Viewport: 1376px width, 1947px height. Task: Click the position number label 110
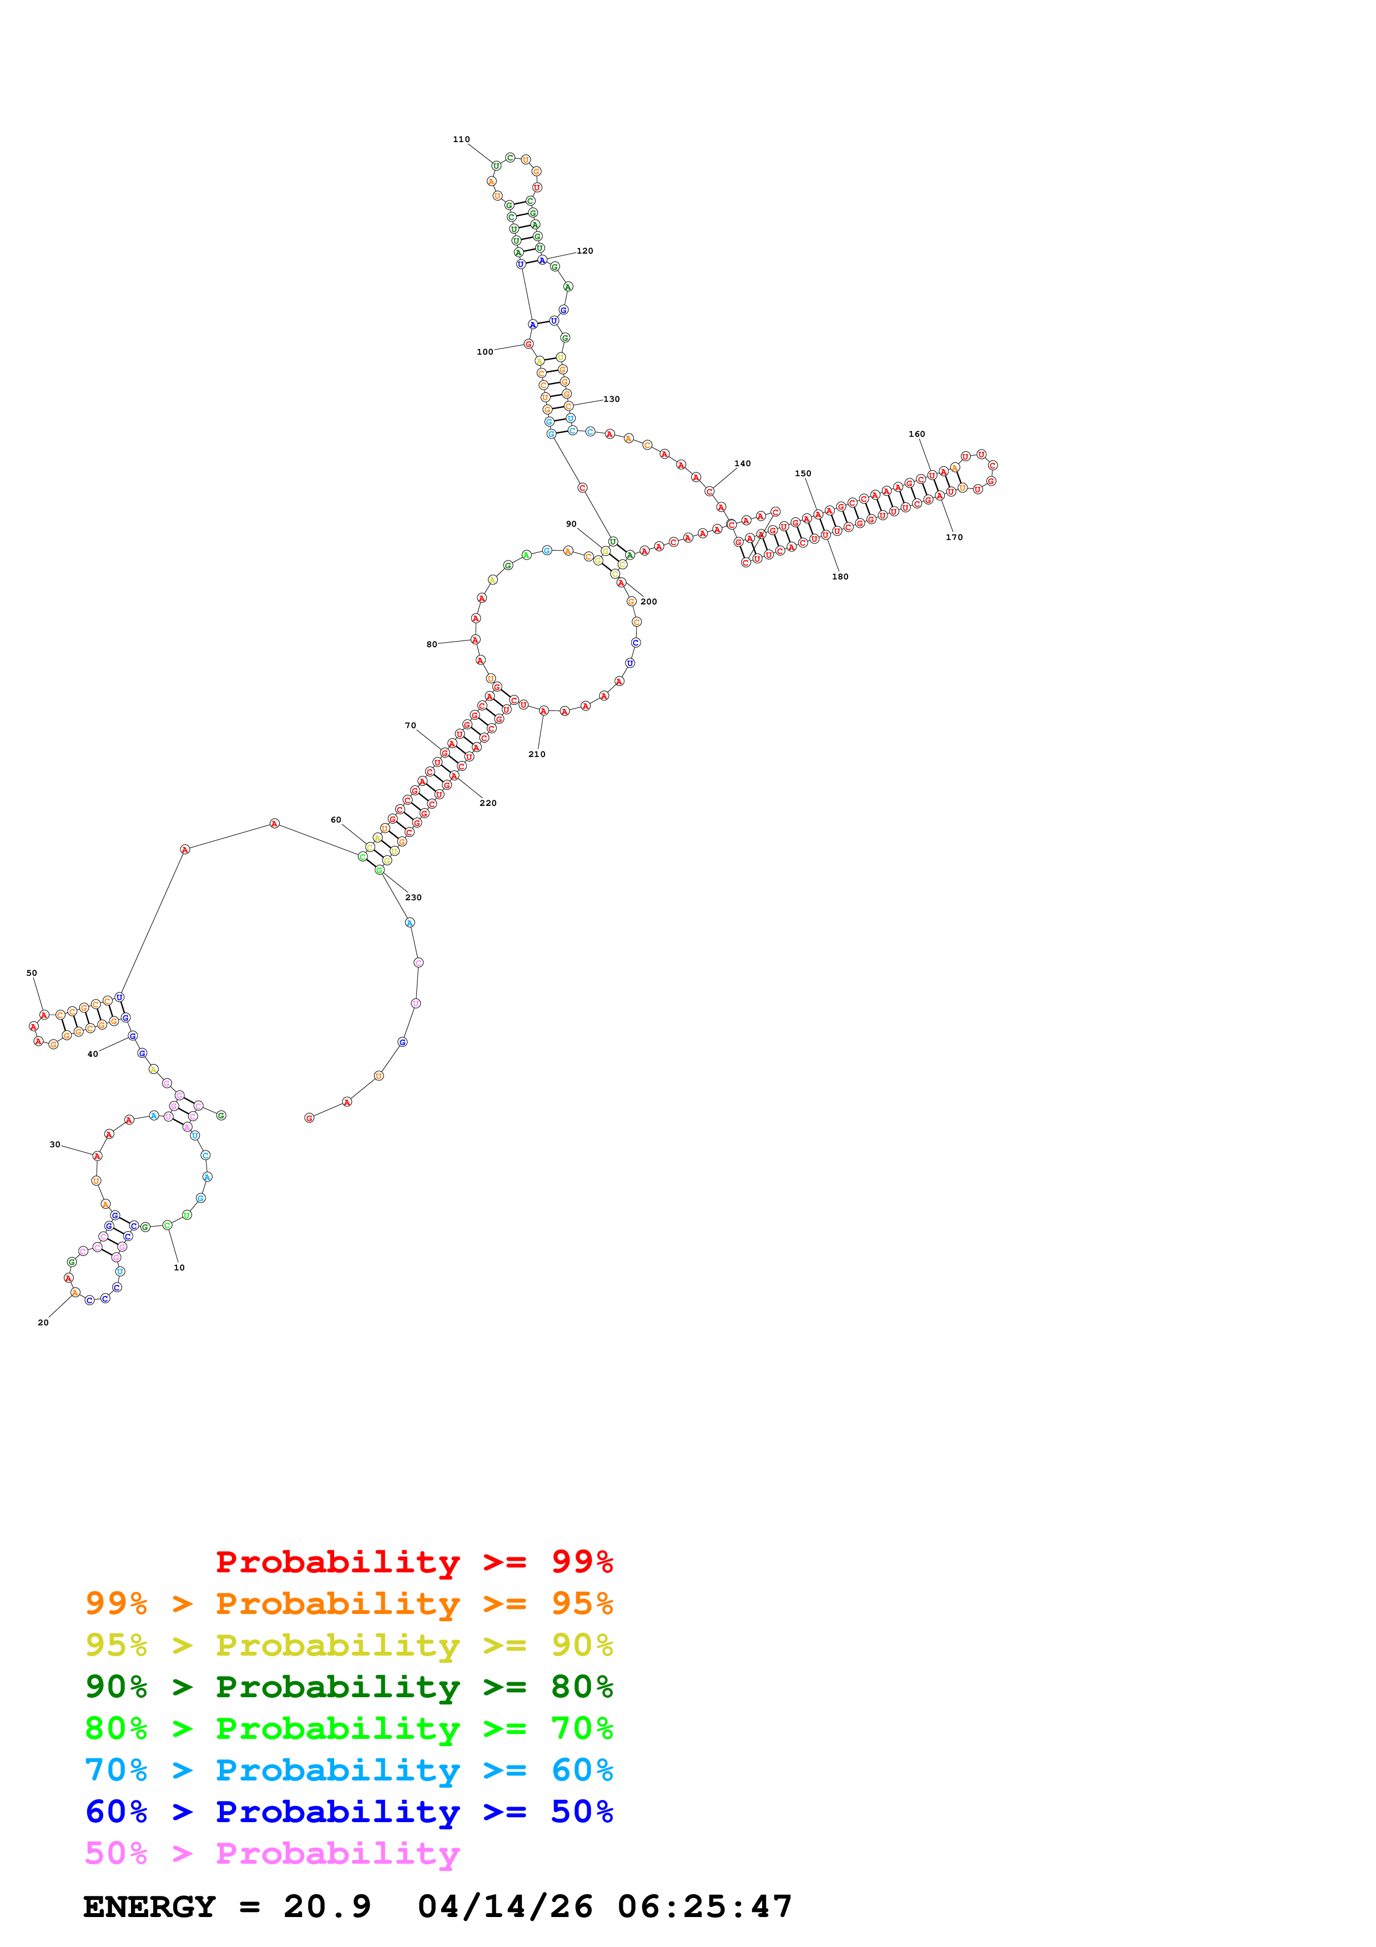pyautogui.click(x=461, y=139)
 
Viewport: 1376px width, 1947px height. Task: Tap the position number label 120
pyautogui.click(x=585, y=251)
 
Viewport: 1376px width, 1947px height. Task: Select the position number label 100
pyautogui.click(x=485, y=352)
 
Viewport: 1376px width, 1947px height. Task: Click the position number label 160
pyautogui.click(x=916, y=434)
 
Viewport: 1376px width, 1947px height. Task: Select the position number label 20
pyautogui.click(x=43, y=1323)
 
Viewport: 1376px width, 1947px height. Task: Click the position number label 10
pyautogui.click(x=179, y=1268)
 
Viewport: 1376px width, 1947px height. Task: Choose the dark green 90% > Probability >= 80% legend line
pyautogui.click(x=349, y=1687)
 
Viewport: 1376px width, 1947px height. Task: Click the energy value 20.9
pyautogui.click(x=327, y=1907)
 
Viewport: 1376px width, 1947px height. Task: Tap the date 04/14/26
pyautogui.click(x=505, y=1907)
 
